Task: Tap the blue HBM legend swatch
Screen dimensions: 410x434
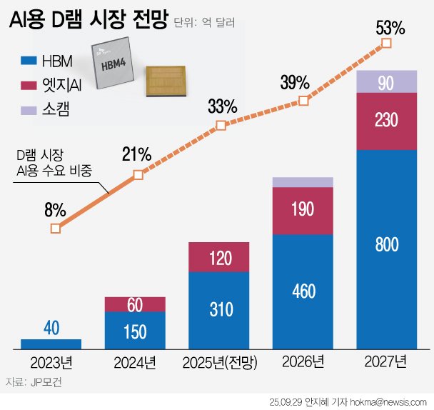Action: pos(29,62)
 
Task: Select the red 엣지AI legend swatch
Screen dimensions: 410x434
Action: pos(29,86)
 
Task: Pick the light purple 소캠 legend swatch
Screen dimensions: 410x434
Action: pos(29,110)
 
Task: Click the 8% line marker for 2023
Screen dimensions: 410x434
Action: pos(55,229)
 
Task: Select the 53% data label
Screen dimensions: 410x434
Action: pos(390,29)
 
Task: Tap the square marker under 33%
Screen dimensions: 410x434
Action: pos(221,126)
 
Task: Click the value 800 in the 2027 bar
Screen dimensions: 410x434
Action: pos(386,245)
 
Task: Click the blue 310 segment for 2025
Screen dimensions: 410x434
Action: pos(220,309)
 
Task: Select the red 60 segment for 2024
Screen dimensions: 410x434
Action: pos(136,304)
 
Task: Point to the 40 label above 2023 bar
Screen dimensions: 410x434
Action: pos(51,328)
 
